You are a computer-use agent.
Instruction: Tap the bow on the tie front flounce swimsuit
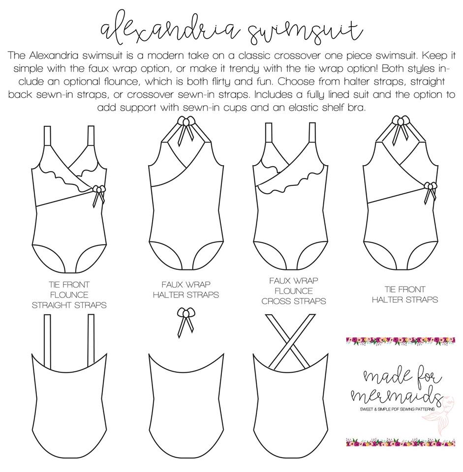(98, 195)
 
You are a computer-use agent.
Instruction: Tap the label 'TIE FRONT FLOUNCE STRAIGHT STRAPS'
(69, 295)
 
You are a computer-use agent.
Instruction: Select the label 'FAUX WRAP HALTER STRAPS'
(186, 289)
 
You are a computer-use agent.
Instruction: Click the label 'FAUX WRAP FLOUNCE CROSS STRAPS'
(294, 291)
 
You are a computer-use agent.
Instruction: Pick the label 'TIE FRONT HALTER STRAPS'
(405, 295)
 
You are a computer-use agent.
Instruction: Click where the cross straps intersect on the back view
(290, 342)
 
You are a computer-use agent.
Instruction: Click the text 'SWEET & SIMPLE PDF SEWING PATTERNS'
(397, 409)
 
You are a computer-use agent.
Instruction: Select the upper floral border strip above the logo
(401, 340)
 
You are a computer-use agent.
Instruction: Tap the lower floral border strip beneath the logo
(401, 442)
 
